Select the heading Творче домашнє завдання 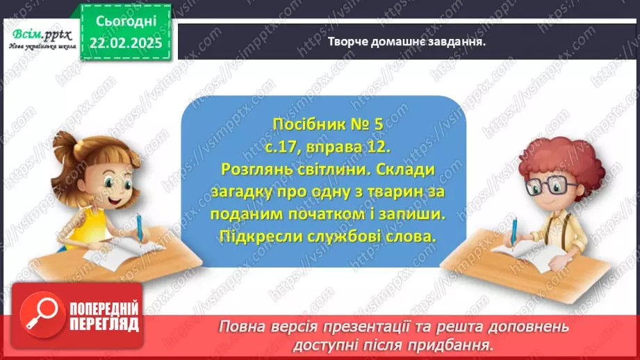(x=407, y=41)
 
